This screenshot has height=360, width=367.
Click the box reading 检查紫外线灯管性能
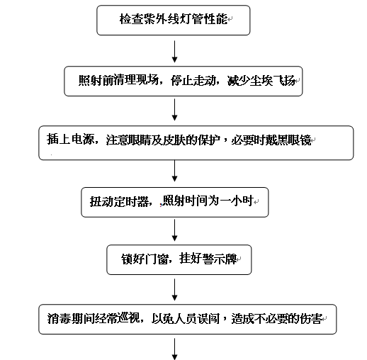tap(174, 21)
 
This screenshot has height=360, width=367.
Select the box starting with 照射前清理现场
tap(183, 81)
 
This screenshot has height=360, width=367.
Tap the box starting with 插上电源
tap(196, 142)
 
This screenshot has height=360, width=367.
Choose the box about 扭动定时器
tap(175, 202)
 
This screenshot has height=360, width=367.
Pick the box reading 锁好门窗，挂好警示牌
tap(179, 259)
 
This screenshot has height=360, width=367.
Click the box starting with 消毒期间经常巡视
tap(188, 319)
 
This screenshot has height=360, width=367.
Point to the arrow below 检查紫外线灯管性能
tap(174, 51)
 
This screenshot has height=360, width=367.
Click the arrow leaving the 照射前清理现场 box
tap(174, 110)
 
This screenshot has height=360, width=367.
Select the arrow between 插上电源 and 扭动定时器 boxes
tap(174, 171)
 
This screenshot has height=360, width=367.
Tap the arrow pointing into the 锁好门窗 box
tap(174, 230)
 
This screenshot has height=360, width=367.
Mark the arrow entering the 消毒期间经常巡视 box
tap(174, 290)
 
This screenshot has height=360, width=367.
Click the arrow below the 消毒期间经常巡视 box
tap(174, 349)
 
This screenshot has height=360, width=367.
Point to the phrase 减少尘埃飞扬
tap(261, 81)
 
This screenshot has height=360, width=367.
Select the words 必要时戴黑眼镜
tap(271, 140)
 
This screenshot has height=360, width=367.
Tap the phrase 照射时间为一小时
tap(208, 201)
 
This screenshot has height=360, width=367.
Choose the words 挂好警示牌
tap(208, 259)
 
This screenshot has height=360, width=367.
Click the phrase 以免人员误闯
tap(186, 318)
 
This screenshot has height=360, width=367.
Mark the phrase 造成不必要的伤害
tap(277, 318)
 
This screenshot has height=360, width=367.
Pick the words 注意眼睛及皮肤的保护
tap(163, 140)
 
